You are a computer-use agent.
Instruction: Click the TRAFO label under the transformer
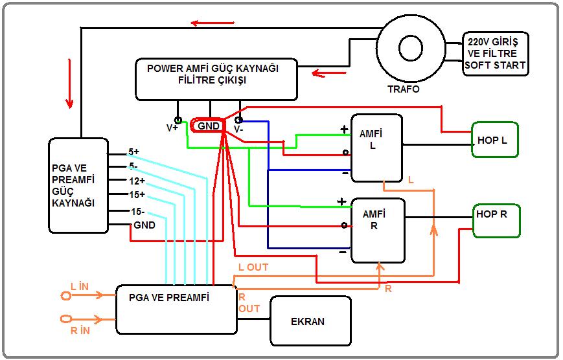403,89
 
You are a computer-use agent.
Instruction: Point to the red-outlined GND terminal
208,126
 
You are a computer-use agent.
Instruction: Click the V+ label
172,128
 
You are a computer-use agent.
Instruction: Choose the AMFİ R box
378,231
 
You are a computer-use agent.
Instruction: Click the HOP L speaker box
495,139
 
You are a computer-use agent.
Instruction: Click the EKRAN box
310,321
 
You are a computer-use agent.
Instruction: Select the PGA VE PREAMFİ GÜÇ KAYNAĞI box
78,185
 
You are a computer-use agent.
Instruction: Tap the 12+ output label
136,181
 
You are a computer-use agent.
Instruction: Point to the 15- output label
136,211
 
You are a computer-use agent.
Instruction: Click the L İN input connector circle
65,295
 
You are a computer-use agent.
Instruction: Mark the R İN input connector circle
65,319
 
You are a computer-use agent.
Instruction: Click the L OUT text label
253,267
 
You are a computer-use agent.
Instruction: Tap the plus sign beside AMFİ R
342,201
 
